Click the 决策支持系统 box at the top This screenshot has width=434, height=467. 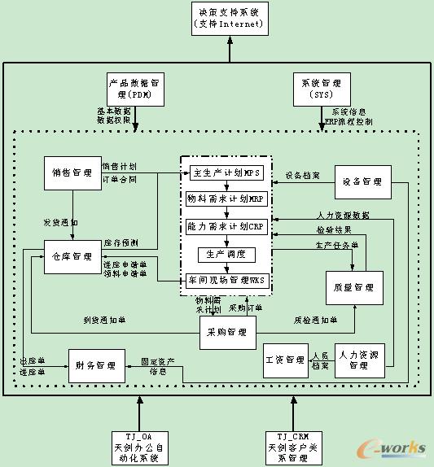tap(229, 18)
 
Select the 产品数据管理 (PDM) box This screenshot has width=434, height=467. tap(135, 89)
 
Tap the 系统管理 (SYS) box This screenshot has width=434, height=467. tap(321, 89)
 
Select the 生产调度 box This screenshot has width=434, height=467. tap(226, 255)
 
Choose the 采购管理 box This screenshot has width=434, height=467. tap(227, 332)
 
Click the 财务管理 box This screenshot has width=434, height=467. tap(95, 364)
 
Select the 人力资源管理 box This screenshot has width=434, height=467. tap(359, 360)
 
